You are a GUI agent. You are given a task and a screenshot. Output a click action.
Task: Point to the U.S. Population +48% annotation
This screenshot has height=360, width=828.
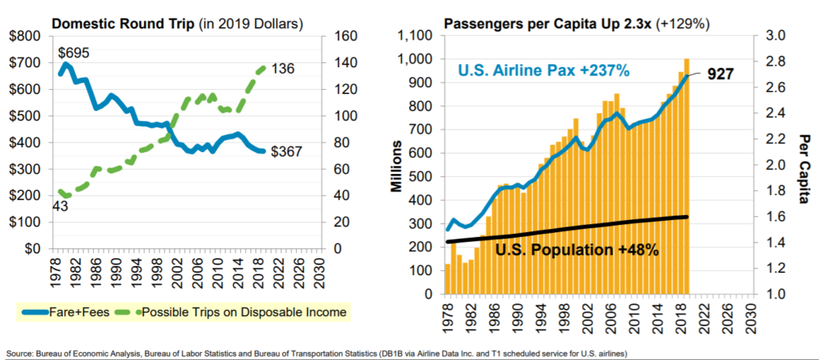click(576, 250)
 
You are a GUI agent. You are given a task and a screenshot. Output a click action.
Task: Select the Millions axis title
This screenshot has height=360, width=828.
click(397, 165)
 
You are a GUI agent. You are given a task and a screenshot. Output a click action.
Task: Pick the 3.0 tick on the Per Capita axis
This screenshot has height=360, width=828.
click(775, 36)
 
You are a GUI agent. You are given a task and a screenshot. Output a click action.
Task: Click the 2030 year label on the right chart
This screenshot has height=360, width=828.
click(753, 313)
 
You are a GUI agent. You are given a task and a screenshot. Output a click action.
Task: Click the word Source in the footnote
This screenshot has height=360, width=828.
click(19, 354)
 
